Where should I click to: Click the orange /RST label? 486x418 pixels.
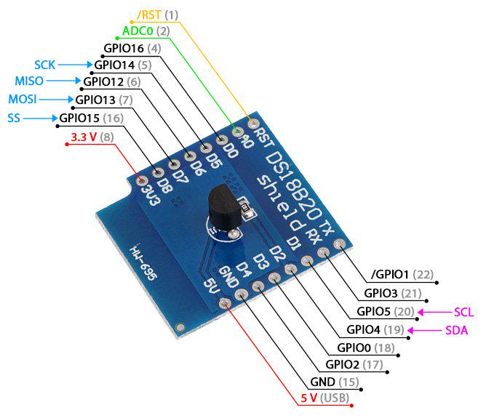coord(149,15)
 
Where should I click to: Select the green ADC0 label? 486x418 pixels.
coord(138,31)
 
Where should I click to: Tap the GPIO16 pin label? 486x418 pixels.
coord(124,48)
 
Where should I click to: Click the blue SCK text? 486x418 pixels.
coord(44,65)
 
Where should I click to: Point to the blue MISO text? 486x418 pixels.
coord(29,81)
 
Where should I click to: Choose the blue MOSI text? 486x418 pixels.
coord(23,100)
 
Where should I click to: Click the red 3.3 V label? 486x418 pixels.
coord(84,137)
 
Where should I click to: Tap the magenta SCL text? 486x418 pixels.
coord(463,312)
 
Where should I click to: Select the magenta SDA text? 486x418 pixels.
coord(456,331)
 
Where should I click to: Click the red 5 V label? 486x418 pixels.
coord(308,398)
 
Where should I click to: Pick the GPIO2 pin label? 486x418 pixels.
coord(342,365)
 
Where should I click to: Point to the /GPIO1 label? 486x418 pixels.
coord(390,274)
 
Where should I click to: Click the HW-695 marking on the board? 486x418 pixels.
coord(143,262)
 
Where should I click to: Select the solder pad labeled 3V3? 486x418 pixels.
coord(143,180)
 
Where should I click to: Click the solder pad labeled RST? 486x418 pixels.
coord(253,124)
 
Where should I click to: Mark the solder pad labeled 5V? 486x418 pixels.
coord(225,303)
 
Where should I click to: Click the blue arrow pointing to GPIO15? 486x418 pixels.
coord(40,118)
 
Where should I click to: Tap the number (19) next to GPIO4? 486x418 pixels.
coord(394,330)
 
